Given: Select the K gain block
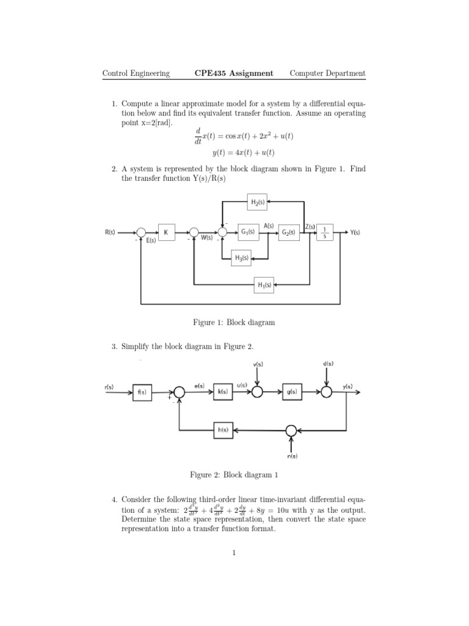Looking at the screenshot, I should point(165,232).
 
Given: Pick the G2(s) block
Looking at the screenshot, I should point(288,232).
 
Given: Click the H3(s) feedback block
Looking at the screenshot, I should point(241,258).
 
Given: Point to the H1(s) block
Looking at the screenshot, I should point(264,284).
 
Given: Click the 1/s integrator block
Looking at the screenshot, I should point(325,232).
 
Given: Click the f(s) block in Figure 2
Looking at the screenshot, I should point(142,391).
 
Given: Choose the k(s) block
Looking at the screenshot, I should point(222,391).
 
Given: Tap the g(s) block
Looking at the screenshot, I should point(291,391).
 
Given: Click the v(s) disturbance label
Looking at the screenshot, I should point(258,365).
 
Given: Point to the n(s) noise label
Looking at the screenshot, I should point(291,455).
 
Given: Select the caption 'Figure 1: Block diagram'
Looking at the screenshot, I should point(232,322).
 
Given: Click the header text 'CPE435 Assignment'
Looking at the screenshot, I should point(234,73).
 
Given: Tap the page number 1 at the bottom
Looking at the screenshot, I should point(234,553).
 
